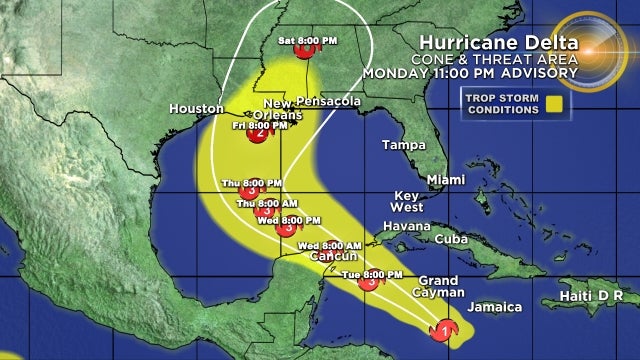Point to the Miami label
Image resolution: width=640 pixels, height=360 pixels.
[x=445, y=180]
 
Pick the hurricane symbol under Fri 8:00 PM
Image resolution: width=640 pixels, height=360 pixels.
[x=258, y=138]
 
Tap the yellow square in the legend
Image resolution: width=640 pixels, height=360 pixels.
[x=579, y=101]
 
